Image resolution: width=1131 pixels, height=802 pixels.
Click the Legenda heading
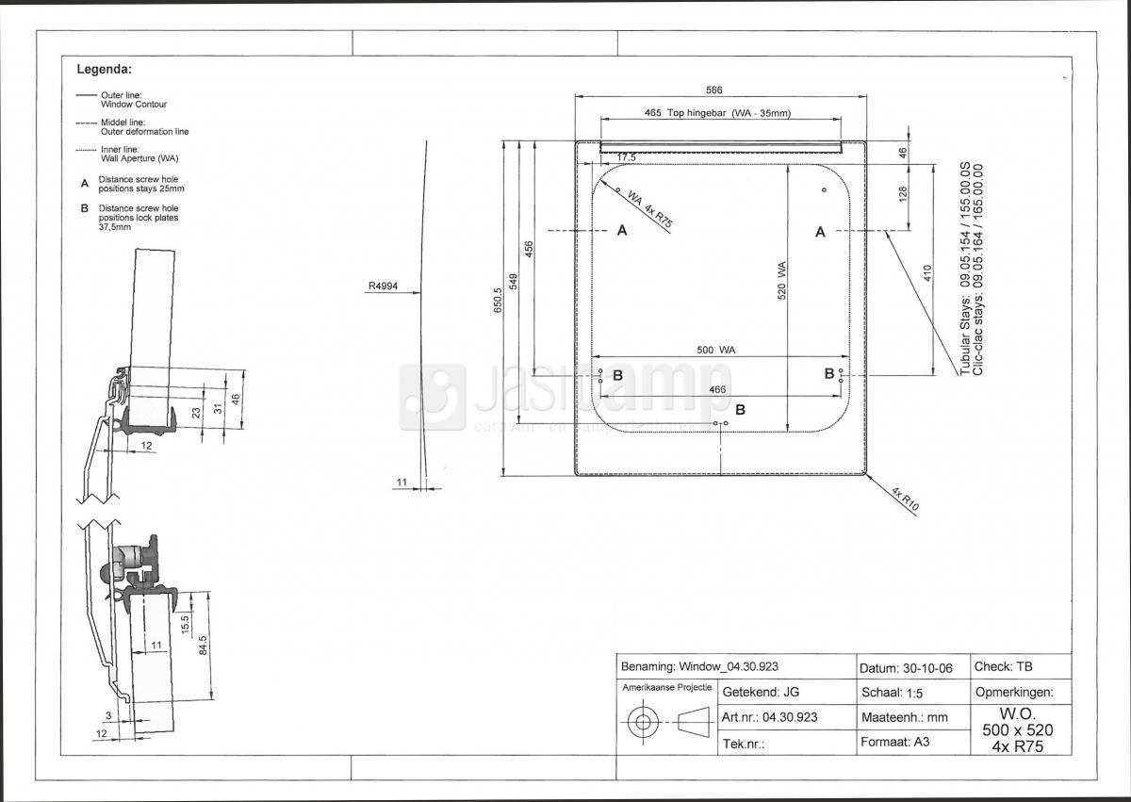point(104,69)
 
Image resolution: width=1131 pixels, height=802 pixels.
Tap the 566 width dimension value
point(714,90)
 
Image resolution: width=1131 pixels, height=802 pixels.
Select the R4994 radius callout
point(383,286)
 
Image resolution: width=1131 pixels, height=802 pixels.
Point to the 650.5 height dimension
point(498,301)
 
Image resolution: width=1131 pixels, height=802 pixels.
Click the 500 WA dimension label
point(716,350)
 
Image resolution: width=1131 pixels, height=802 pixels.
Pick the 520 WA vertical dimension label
point(781,281)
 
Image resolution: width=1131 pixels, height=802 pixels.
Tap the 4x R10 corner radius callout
point(905,499)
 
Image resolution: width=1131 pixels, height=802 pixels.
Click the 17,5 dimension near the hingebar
point(626,158)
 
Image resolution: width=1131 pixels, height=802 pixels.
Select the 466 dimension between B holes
point(717,389)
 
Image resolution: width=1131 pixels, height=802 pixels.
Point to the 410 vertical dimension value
point(927,273)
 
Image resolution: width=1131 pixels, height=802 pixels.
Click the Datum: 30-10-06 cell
point(906,668)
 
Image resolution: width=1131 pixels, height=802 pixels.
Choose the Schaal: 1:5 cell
point(893,693)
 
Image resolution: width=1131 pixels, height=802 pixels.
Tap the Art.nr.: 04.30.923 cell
point(769,717)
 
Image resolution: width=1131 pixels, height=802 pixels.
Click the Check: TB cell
point(1003,666)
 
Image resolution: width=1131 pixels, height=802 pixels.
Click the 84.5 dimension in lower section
point(203,645)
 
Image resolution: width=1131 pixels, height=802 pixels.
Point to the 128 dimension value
point(903,193)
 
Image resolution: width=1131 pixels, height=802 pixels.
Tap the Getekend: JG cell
point(761,692)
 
